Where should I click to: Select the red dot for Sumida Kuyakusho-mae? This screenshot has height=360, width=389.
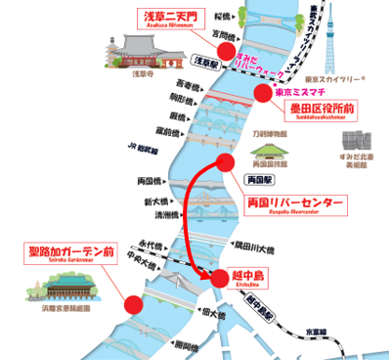click(x=261, y=93)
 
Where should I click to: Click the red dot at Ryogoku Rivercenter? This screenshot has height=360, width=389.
click(x=226, y=162)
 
